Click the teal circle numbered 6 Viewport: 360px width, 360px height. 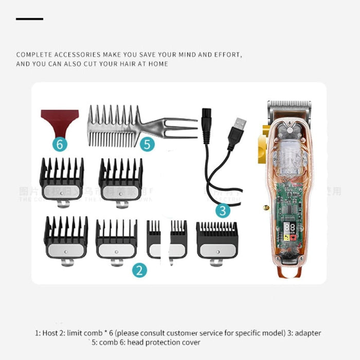[x=60, y=145]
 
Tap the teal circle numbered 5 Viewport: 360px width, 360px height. [x=148, y=145]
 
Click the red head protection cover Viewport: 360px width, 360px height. [x=60, y=120]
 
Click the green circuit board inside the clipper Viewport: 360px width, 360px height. [x=288, y=201]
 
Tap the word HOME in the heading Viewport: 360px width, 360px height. [x=158, y=64]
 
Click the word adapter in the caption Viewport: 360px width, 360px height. [x=309, y=333]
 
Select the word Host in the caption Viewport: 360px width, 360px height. [x=49, y=333]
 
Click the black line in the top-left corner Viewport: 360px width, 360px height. [x=29, y=19]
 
